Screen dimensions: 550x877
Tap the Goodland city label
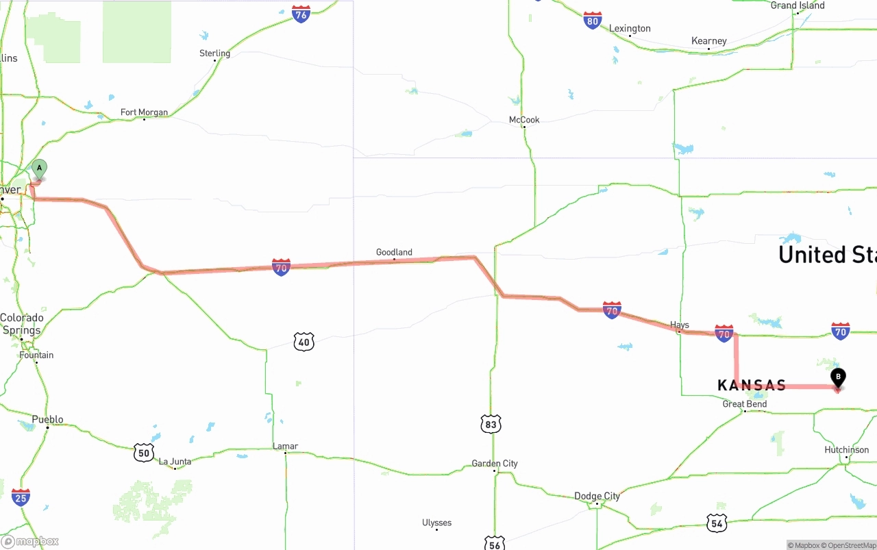[394, 252]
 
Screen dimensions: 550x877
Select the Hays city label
[680, 325]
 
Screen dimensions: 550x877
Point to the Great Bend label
[745, 404]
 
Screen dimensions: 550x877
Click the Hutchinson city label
[847, 450]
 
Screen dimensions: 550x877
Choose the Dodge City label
[597, 496]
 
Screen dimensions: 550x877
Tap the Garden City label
[495, 464]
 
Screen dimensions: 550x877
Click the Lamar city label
[285, 446]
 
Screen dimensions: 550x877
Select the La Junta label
[175, 462]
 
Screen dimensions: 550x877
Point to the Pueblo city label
[47, 419]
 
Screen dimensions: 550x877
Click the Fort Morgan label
[144, 112]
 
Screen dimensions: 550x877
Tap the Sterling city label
[214, 53]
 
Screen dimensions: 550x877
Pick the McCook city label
[524, 120]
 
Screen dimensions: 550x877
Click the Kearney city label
[708, 41]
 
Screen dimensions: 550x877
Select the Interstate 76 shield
[301, 14]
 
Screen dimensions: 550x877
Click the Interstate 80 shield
[593, 21]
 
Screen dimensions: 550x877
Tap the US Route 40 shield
[304, 342]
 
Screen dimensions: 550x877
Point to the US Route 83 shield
[491, 424]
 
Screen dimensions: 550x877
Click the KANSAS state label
[752, 386]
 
